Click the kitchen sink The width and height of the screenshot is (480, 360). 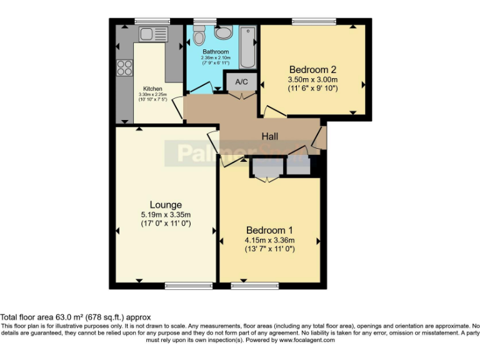(152, 33)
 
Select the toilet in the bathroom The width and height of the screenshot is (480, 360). (199, 37)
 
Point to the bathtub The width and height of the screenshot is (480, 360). (248, 47)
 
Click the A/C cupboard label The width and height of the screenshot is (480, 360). (241, 82)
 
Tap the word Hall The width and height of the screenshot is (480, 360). (270, 137)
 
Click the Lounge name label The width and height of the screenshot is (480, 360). (166, 205)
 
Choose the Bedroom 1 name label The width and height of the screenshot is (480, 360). (270, 229)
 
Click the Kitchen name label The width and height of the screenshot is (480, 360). (152, 89)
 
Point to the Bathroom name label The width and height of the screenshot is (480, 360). (214, 52)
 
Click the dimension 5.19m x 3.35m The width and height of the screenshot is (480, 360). (166, 214)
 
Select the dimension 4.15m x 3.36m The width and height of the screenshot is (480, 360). (270, 239)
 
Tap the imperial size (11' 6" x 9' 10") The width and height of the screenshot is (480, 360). (312, 89)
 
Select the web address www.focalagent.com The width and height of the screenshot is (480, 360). (306, 341)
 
